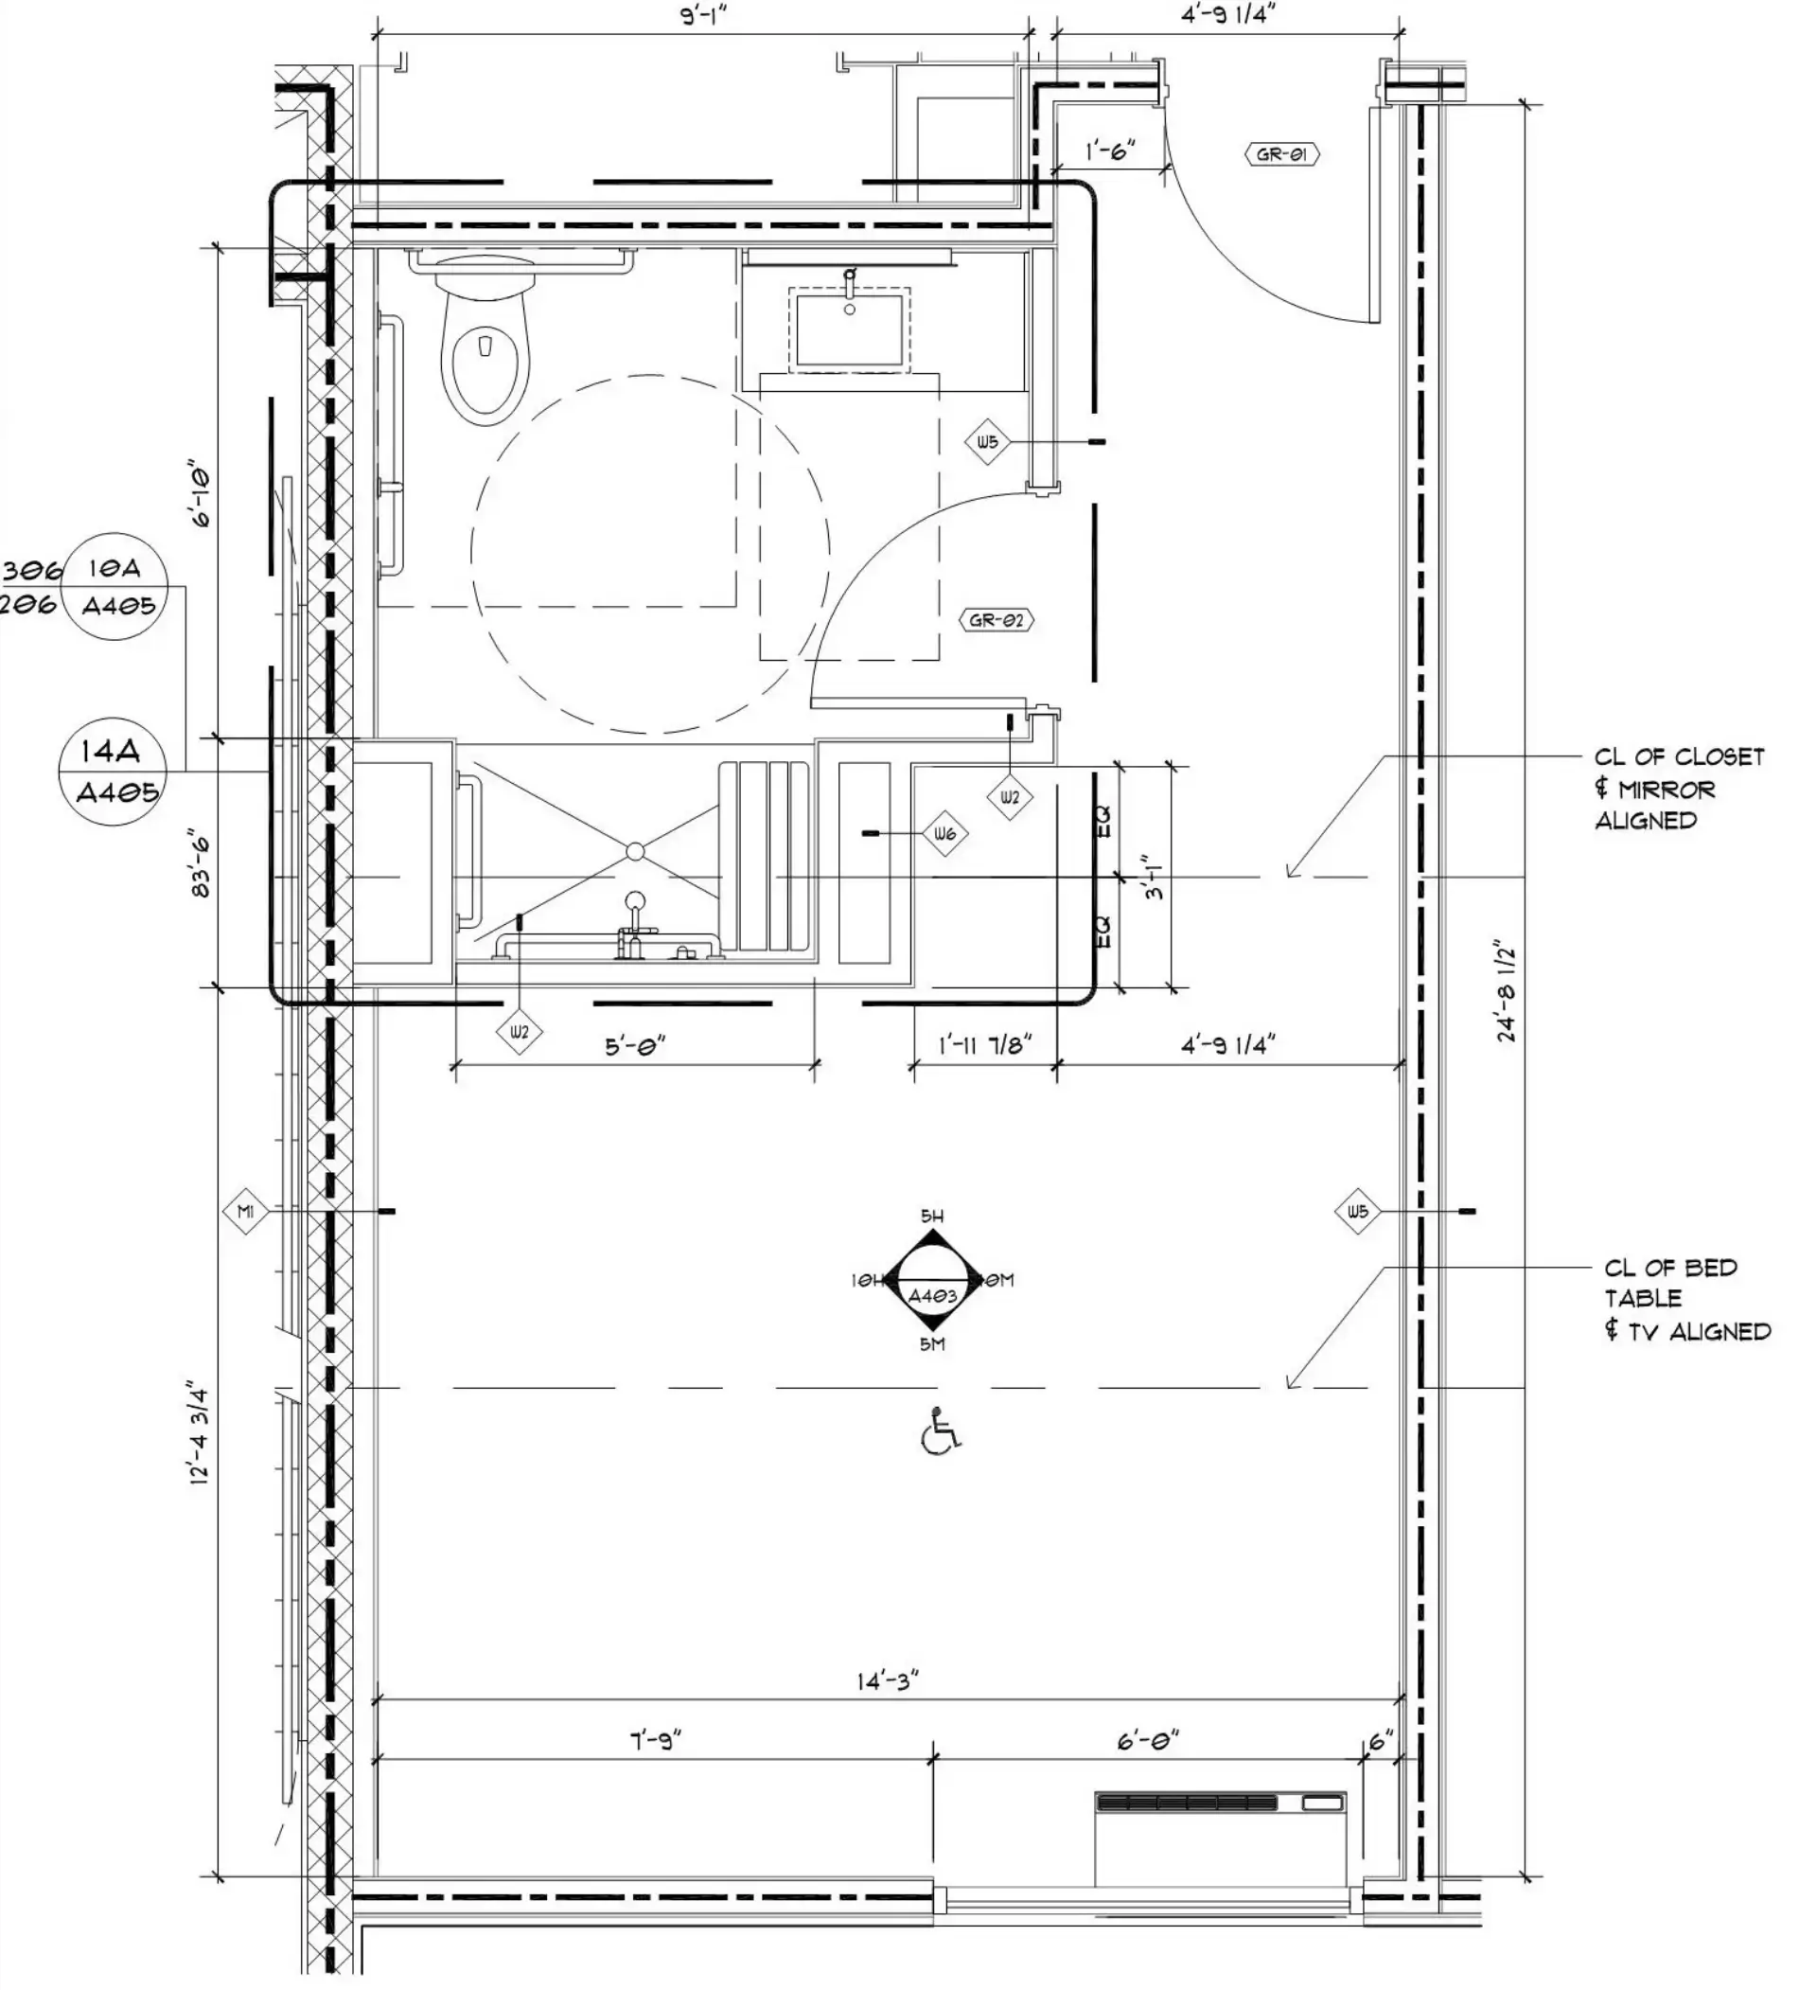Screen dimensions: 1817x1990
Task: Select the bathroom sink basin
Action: coord(849,329)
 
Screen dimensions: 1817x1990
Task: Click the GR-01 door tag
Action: coord(1281,154)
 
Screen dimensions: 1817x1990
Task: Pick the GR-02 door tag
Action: coord(996,620)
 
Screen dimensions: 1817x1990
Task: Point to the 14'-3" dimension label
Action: coord(888,1680)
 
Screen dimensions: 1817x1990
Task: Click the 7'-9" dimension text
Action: coord(655,1739)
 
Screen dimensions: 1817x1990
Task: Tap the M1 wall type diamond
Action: coord(246,1210)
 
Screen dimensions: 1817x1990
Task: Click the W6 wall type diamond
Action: coord(944,834)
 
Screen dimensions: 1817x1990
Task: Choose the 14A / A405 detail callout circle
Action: coord(112,771)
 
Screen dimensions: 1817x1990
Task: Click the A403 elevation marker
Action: coord(933,1280)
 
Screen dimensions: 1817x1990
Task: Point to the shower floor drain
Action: coord(636,851)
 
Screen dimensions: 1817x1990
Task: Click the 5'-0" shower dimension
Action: coord(636,1044)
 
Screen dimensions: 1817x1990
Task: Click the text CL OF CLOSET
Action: coord(1679,757)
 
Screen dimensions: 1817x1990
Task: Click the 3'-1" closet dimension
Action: coord(1154,877)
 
